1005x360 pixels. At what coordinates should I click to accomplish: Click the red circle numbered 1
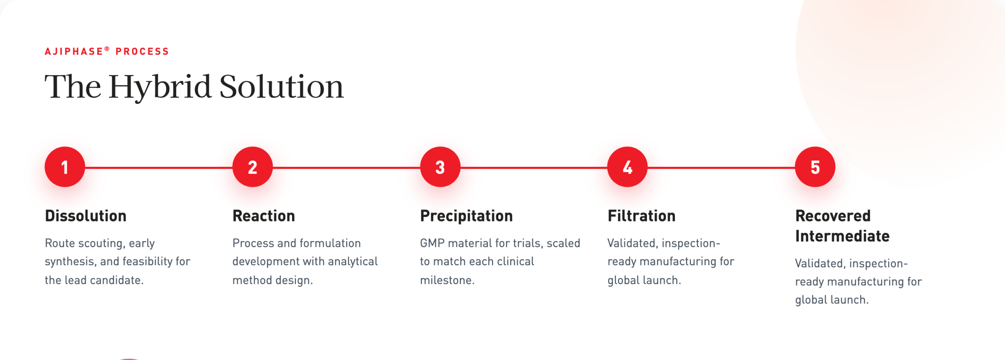pyautogui.click(x=65, y=167)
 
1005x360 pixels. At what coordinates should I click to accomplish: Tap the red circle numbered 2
pyautogui.click(x=252, y=167)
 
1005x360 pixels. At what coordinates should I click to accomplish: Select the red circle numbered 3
pyautogui.click(x=440, y=167)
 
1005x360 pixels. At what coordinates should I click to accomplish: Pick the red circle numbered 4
pyautogui.click(x=627, y=167)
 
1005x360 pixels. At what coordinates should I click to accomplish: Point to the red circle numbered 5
pyautogui.click(x=815, y=167)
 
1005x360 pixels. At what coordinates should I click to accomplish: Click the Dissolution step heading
pyautogui.click(x=86, y=216)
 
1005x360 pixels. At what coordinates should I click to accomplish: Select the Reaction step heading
pyautogui.click(x=264, y=216)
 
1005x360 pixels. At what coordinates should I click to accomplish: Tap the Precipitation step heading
pyautogui.click(x=466, y=216)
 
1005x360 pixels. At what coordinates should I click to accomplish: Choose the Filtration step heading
pyautogui.click(x=641, y=216)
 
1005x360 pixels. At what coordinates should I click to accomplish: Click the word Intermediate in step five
pyautogui.click(x=842, y=236)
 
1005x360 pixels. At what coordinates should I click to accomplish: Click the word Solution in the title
pyautogui.click(x=281, y=86)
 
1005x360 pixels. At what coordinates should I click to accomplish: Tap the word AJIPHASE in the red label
pyautogui.click(x=74, y=51)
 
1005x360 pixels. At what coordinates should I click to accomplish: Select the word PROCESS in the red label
pyautogui.click(x=142, y=51)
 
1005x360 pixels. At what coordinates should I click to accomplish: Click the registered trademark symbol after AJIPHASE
pyautogui.click(x=107, y=49)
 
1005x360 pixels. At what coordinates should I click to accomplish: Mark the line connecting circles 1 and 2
pyautogui.click(x=159, y=168)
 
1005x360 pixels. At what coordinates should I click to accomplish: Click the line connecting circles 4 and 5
pyautogui.click(x=721, y=168)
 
